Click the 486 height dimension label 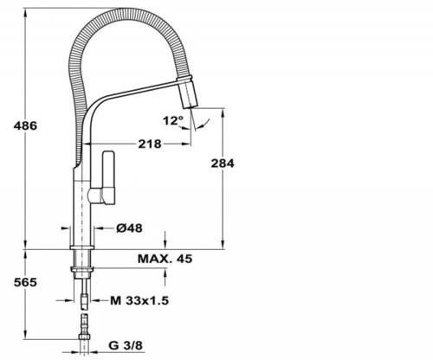point(25,125)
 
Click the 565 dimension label point(25,282)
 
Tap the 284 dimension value point(223,164)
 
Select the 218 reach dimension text point(150,144)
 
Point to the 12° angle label point(173,120)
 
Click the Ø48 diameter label point(129,228)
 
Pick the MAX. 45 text point(165,259)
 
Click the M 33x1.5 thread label point(139,301)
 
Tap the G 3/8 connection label point(126,345)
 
